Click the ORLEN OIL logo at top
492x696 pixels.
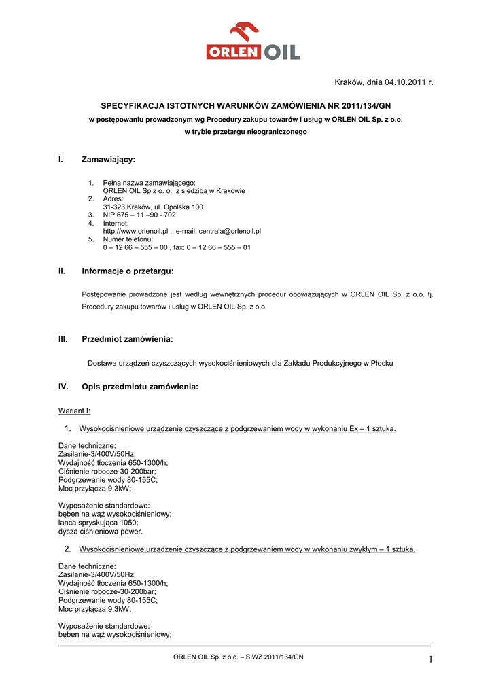point(253,41)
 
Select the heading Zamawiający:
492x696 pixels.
point(109,160)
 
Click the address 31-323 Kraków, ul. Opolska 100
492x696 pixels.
point(153,207)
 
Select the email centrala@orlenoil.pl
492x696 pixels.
point(230,231)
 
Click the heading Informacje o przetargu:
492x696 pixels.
point(128,271)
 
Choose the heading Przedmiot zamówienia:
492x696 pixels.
point(127,338)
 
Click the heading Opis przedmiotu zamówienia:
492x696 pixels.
point(140,387)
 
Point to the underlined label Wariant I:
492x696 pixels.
point(75,411)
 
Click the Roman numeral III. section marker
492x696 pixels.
point(63,338)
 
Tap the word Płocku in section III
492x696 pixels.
point(381,364)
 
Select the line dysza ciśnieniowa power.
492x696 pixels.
point(101,532)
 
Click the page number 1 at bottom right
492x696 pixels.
point(430,658)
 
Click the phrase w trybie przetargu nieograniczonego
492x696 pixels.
point(245,132)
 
